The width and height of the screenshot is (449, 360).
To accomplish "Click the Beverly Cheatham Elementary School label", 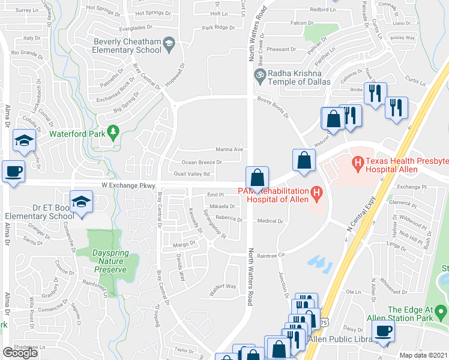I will coord(127,46).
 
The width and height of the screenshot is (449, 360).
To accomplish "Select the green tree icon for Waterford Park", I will coord(112,131).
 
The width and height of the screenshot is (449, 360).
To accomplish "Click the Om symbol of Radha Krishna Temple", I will coord(259,75).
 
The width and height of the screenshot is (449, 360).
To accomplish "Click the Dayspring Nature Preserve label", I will coord(110,262).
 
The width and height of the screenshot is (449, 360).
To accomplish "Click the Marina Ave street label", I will coord(229,149).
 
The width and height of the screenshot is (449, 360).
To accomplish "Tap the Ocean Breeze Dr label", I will coord(202,162).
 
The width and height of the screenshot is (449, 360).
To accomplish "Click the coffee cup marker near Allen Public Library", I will coord(382,330).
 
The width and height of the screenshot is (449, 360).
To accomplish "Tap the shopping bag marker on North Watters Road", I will coord(256,178).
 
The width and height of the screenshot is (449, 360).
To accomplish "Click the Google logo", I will coord(20,353).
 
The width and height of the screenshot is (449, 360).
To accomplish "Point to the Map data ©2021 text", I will coord(424,355).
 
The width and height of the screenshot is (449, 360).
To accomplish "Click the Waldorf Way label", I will coord(222,286).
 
